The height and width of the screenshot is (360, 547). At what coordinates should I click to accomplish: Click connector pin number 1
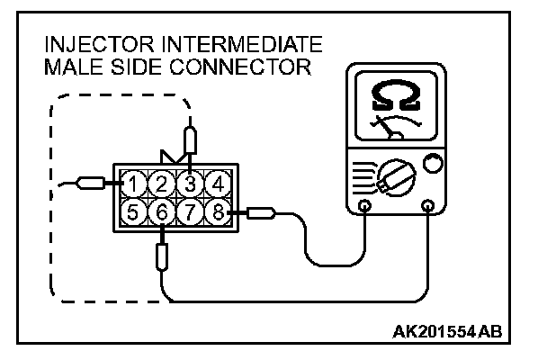click(x=133, y=184)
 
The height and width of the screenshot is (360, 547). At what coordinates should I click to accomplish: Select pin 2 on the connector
click(x=161, y=184)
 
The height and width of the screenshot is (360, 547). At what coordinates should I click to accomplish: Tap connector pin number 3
click(x=189, y=184)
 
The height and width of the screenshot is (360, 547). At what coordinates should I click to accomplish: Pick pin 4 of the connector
click(x=217, y=184)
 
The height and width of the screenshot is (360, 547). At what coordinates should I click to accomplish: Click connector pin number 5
click(x=133, y=213)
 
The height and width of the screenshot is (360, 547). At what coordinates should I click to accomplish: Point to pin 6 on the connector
click(x=161, y=213)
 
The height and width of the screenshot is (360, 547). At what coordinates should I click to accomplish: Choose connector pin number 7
click(x=189, y=213)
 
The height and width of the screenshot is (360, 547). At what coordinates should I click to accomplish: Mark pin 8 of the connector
click(x=217, y=213)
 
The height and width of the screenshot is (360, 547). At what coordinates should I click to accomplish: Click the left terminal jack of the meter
click(x=364, y=206)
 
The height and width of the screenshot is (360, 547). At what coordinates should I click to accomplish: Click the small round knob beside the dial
click(x=433, y=165)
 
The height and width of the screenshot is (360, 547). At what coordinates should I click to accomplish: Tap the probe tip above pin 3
click(x=189, y=140)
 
